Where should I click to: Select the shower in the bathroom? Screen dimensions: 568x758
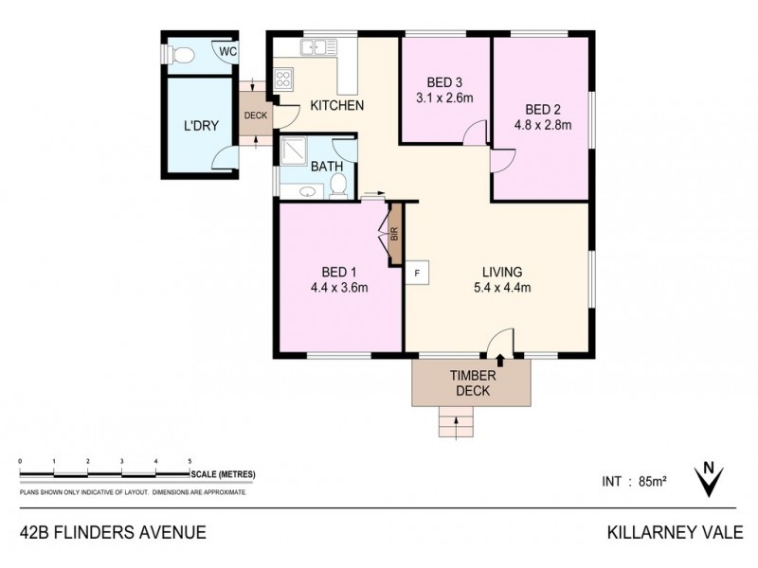click(296, 151)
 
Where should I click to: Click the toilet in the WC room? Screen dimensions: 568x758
click(183, 54)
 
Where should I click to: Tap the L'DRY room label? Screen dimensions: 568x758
click(200, 125)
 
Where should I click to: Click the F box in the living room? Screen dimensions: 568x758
click(417, 273)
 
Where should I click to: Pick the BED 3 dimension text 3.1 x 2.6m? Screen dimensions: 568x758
click(445, 98)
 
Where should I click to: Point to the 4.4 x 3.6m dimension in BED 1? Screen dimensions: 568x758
click(338, 288)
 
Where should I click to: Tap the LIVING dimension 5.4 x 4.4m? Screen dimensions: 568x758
click(501, 288)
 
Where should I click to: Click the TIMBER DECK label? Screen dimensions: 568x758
click(471, 382)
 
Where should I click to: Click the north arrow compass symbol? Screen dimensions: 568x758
click(706, 479)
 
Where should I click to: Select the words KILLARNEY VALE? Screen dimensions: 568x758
click(675, 532)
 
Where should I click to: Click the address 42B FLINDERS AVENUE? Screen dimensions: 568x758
click(113, 532)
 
